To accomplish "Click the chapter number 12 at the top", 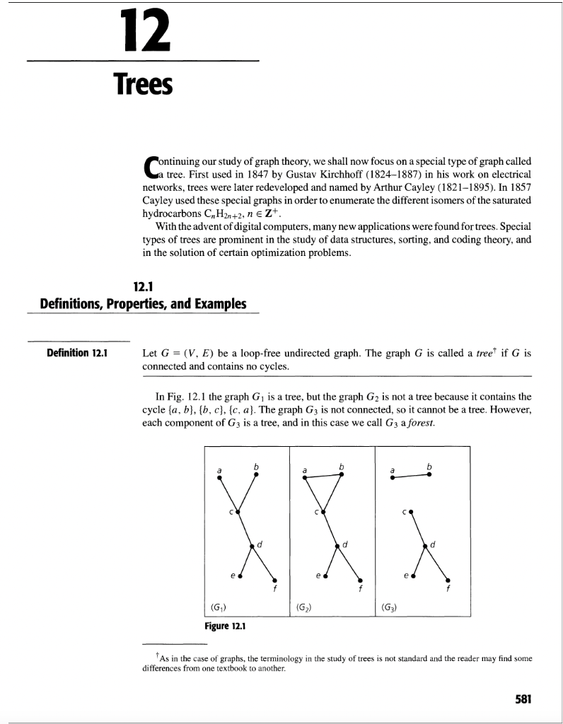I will [x=143, y=31].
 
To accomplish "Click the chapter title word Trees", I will [x=144, y=85].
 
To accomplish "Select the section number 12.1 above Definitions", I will [x=144, y=286].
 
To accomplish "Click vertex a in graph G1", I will [x=220, y=477].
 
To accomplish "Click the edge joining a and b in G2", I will [x=323, y=476].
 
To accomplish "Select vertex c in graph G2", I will [x=323, y=510].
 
